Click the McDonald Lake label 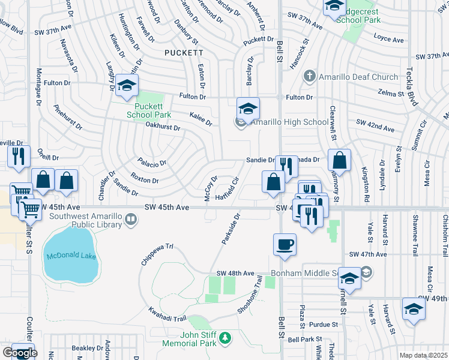(x=71, y=256)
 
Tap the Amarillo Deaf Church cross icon (x=309, y=76)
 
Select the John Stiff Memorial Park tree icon (x=226, y=338)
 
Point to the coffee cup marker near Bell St (x=285, y=244)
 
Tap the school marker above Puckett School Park (x=127, y=86)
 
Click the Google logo (x=19, y=353)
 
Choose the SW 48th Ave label (x=235, y=273)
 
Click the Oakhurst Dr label (x=163, y=127)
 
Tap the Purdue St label (x=325, y=325)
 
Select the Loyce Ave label (x=388, y=40)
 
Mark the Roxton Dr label (x=145, y=179)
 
